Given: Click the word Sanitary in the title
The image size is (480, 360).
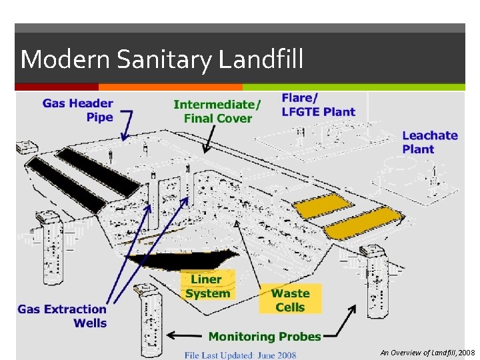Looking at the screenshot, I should (x=163, y=60).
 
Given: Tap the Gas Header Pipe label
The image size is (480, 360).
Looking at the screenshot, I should (x=78, y=110).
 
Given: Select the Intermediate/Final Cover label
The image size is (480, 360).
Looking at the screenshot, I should (x=217, y=111).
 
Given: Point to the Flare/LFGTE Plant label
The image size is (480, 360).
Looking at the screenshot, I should (x=318, y=105).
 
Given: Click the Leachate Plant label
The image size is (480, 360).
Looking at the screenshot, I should (x=429, y=142).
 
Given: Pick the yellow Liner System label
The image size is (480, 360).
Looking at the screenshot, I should (x=208, y=286).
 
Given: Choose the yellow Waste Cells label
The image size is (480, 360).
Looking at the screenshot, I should (x=290, y=300).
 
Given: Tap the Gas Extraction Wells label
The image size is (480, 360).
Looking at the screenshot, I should (x=62, y=316).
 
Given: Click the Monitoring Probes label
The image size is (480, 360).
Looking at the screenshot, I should (x=265, y=337).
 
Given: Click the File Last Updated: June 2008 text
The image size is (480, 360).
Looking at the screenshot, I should (x=241, y=355).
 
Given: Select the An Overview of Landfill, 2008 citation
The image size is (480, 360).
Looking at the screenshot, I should (x=427, y=352).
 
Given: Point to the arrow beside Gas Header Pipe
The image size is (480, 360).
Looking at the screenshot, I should (x=125, y=125).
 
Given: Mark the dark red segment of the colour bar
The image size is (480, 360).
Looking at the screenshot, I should (x=57, y=87).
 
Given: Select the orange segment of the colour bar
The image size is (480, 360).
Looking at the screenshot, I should (x=170, y=87).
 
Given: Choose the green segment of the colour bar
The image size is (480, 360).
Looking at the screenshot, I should (x=353, y=87).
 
